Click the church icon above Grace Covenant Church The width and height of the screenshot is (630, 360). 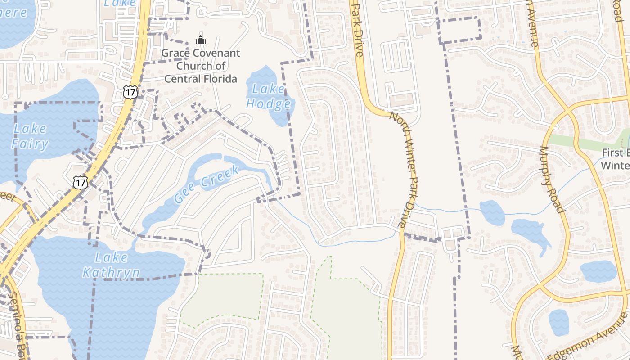click(x=201, y=40)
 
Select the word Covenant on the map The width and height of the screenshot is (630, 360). click(x=216, y=53)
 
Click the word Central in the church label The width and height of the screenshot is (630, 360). click(x=182, y=79)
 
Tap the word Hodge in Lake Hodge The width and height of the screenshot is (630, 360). click(x=268, y=104)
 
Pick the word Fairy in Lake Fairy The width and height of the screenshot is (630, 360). click(x=30, y=144)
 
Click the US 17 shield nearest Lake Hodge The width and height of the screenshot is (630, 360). click(x=129, y=92)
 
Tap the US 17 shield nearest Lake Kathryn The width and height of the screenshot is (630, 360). click(x=80, y=182)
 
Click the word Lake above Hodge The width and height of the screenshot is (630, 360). click(x=268, y=89)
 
